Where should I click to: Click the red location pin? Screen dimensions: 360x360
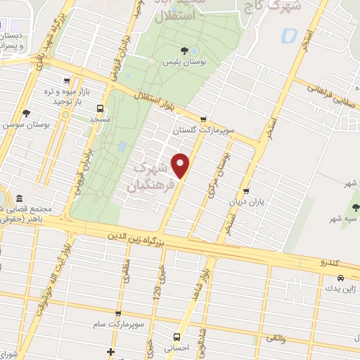(x=182, y=165)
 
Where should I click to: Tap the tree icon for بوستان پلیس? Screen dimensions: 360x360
(x=184, y=50)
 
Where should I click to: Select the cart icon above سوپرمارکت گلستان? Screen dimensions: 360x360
(x=203, y=119)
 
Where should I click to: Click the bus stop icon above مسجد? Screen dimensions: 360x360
(x=100, y=109)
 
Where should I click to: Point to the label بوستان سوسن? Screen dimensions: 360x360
(x=25, y=124)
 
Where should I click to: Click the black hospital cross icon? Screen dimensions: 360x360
(x=110, y=351)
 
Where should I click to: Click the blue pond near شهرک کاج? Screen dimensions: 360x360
(x=288, y=33)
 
